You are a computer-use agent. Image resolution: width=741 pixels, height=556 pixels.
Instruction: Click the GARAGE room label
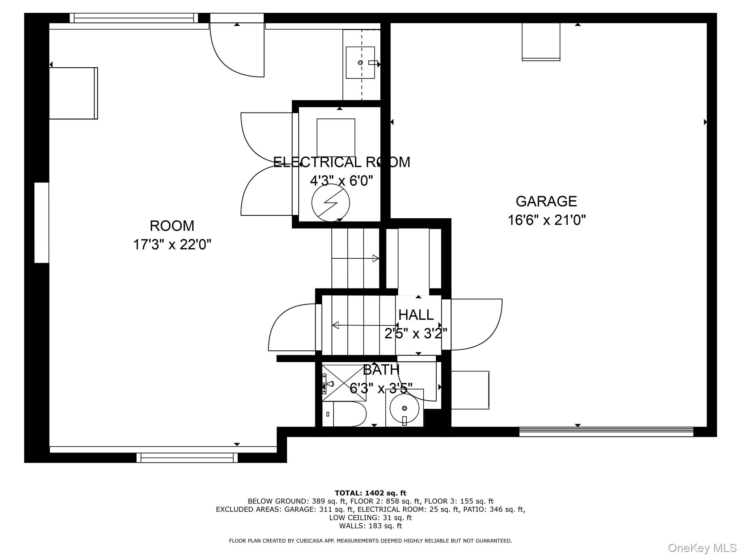(x=546, y=201)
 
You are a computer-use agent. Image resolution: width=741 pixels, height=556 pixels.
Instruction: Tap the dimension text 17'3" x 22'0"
(x=172, y=245)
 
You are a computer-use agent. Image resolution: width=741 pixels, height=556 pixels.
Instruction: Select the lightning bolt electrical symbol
(x=330, y=203)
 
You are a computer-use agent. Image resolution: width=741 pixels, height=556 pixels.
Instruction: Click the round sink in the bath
(x=404, y=408)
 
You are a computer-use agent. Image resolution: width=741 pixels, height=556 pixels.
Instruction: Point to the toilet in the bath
(x=347, y=414)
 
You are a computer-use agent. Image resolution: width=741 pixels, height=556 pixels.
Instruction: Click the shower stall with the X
(x=344, y=383)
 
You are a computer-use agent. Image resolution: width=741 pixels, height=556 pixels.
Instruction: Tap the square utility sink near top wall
(x=360, y=63)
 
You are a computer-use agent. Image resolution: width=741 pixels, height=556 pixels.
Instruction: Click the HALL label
(x=416, y=315)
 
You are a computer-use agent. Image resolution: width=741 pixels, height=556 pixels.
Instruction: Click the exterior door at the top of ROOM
(x=237, y=47)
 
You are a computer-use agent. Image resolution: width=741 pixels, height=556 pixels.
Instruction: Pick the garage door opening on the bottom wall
(x=606, y=432)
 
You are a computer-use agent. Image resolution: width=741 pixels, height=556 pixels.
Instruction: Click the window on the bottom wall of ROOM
(x=187, y=458)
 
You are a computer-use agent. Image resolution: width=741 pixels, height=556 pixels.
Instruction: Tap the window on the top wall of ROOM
(x=134, y=18)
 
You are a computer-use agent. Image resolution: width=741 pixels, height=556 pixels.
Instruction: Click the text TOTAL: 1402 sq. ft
(x=370, y=493)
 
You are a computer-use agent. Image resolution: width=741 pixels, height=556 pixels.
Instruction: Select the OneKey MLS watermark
(x=702, y=548)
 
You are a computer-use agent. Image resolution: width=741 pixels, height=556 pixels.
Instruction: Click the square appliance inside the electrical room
(x=336, y=138)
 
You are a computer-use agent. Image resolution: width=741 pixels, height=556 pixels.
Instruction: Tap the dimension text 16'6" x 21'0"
(x=546, y=220)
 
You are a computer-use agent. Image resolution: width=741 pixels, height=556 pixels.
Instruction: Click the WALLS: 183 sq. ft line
(x=370, y=526)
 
